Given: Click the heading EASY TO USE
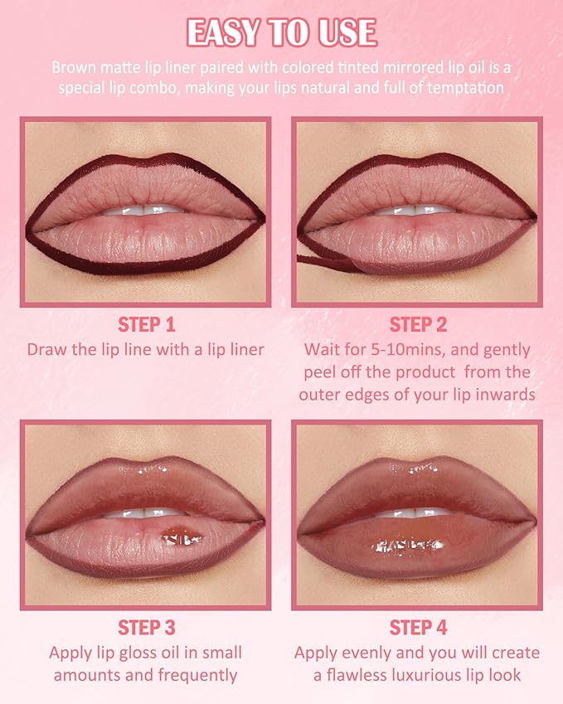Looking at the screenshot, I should pyautogui.click(x=281, y=32).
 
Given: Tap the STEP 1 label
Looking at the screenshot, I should pyautogui.click(x=146, y=324).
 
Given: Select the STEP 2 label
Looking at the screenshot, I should pyautogui.click(x=418, y=324).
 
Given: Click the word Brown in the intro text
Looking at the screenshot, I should pyautogui.click(x=72, y=67).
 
